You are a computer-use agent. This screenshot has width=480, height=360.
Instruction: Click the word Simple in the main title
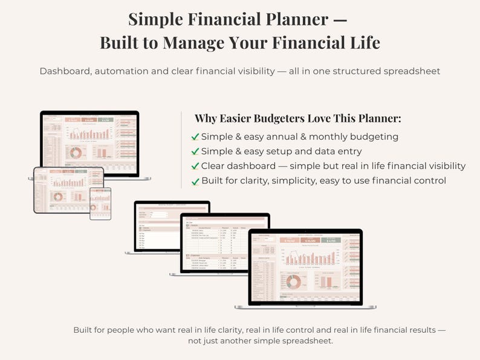(157, 19)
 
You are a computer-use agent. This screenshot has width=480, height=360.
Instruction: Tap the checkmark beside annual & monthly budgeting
(195, 137)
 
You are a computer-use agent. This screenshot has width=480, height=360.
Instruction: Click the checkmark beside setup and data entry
(195, 151)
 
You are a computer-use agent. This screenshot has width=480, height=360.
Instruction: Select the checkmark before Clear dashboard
(195, 166)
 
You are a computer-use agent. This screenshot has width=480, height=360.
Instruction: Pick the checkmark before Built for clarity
(195, 181)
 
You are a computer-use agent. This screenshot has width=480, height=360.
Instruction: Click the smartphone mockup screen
(100, 203)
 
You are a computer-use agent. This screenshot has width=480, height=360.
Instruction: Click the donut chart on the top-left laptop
(76, 153)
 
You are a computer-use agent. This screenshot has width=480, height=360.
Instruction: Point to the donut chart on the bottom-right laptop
(294, 281)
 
